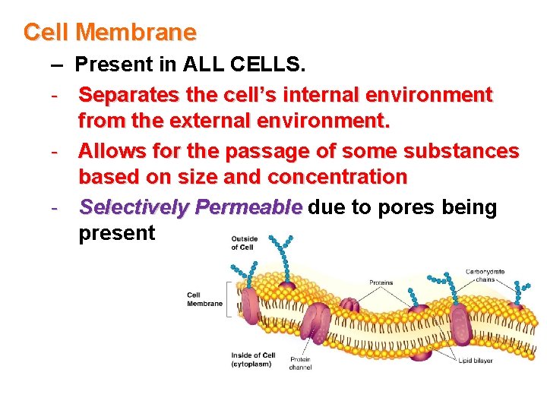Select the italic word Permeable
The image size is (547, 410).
248,207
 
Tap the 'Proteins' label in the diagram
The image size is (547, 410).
381,282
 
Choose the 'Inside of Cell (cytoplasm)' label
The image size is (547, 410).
253,359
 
